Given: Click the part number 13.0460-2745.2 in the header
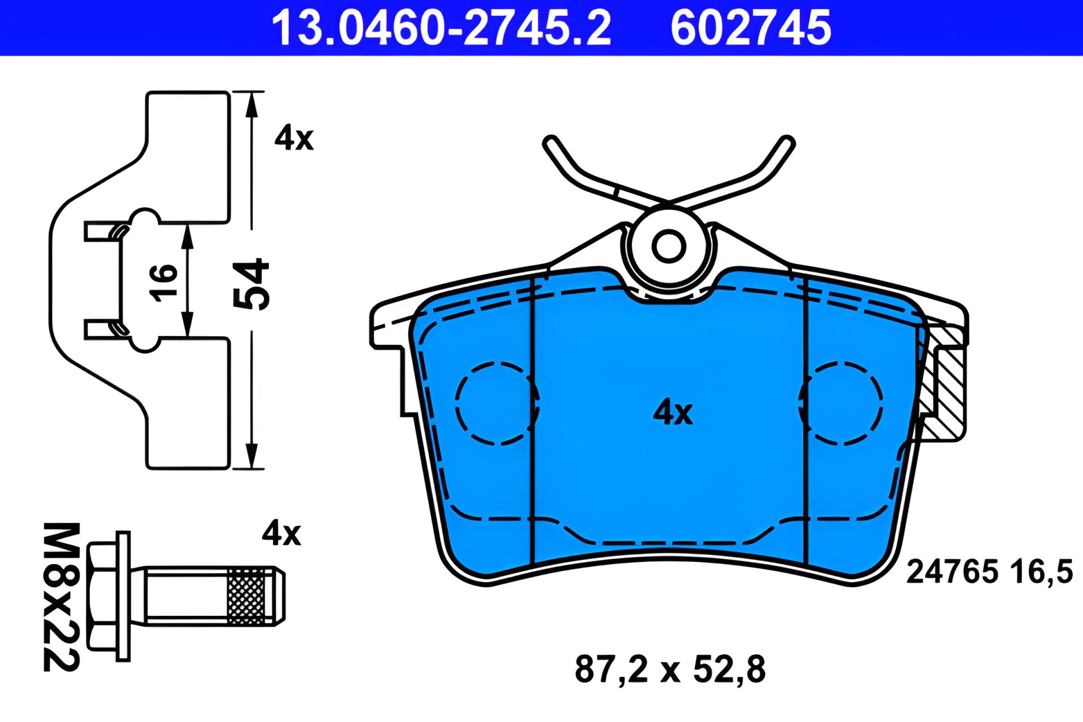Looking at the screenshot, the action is [441, 28].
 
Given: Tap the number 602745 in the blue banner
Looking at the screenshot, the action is [751, 28].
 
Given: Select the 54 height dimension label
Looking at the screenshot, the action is [252, 284].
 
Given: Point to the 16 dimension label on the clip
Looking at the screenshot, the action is [163, 283].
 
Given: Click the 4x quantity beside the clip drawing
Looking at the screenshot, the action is [294, 138].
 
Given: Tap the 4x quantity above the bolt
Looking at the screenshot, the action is [281, 533].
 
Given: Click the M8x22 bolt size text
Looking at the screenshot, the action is [61, 597].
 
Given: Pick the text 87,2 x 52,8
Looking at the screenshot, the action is [670, 669].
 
